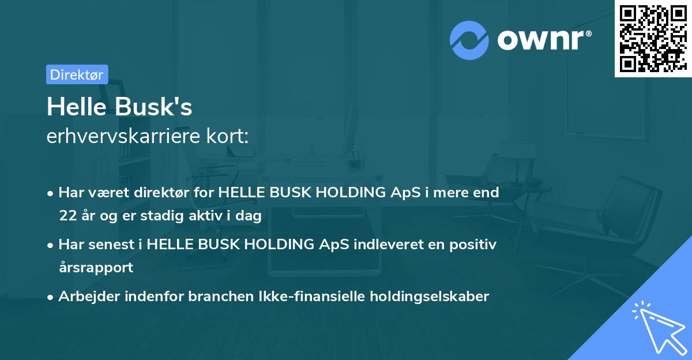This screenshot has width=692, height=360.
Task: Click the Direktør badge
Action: pos(77,74)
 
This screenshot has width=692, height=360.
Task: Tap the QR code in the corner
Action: pos(653,39)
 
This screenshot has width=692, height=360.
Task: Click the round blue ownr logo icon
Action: pos(469,40)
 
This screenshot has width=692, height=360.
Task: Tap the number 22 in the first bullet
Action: pos(67,216)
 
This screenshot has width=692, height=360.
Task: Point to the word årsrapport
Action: pos(96,268)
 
